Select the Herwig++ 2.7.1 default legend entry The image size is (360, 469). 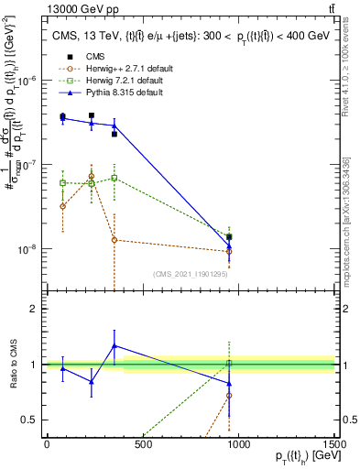117,69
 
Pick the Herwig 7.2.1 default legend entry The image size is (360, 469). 113,81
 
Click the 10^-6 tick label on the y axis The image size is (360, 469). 27,80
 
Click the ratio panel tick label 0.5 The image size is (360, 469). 30,419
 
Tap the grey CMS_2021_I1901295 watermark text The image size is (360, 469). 190,274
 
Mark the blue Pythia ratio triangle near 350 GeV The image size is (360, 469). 114,346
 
